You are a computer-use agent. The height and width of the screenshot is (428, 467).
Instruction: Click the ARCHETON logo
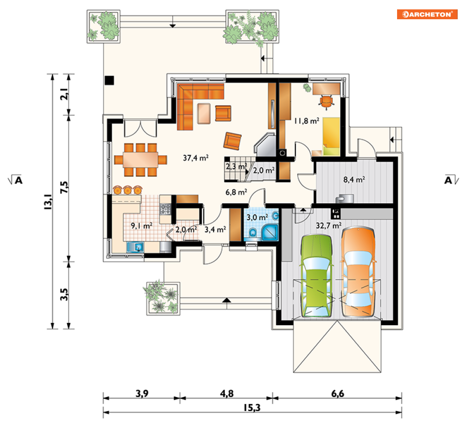(427, 14)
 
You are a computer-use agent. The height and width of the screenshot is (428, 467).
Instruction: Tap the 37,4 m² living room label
(196, 158)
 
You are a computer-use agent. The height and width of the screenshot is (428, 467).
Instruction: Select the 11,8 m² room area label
(306, 121)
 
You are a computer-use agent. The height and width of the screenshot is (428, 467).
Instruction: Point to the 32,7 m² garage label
(329, 225)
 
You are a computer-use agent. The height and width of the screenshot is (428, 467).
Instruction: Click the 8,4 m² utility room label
(354, 180)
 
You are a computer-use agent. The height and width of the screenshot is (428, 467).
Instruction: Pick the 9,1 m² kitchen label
(142, 226)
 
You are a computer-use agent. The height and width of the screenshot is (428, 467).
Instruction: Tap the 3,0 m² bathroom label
(257, 217)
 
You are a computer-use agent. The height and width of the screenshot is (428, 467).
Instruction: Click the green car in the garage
(316, 275)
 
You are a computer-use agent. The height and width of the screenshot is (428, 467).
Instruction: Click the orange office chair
(326, 101)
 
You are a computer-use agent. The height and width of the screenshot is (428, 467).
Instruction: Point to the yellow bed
(331, 137)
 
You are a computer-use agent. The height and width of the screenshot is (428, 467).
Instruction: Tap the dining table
(141, 160)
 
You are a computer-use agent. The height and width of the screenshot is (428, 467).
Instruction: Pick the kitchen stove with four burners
(165, 209)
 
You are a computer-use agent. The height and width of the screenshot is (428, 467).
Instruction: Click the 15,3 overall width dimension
(252, 408)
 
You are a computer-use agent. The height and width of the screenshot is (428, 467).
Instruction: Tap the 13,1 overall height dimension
(48, 202)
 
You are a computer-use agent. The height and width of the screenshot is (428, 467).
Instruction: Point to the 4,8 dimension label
(227, 394)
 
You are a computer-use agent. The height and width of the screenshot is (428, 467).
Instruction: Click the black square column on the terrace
(109, 80)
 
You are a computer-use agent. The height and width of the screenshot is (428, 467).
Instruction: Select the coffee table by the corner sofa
(204, 114)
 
